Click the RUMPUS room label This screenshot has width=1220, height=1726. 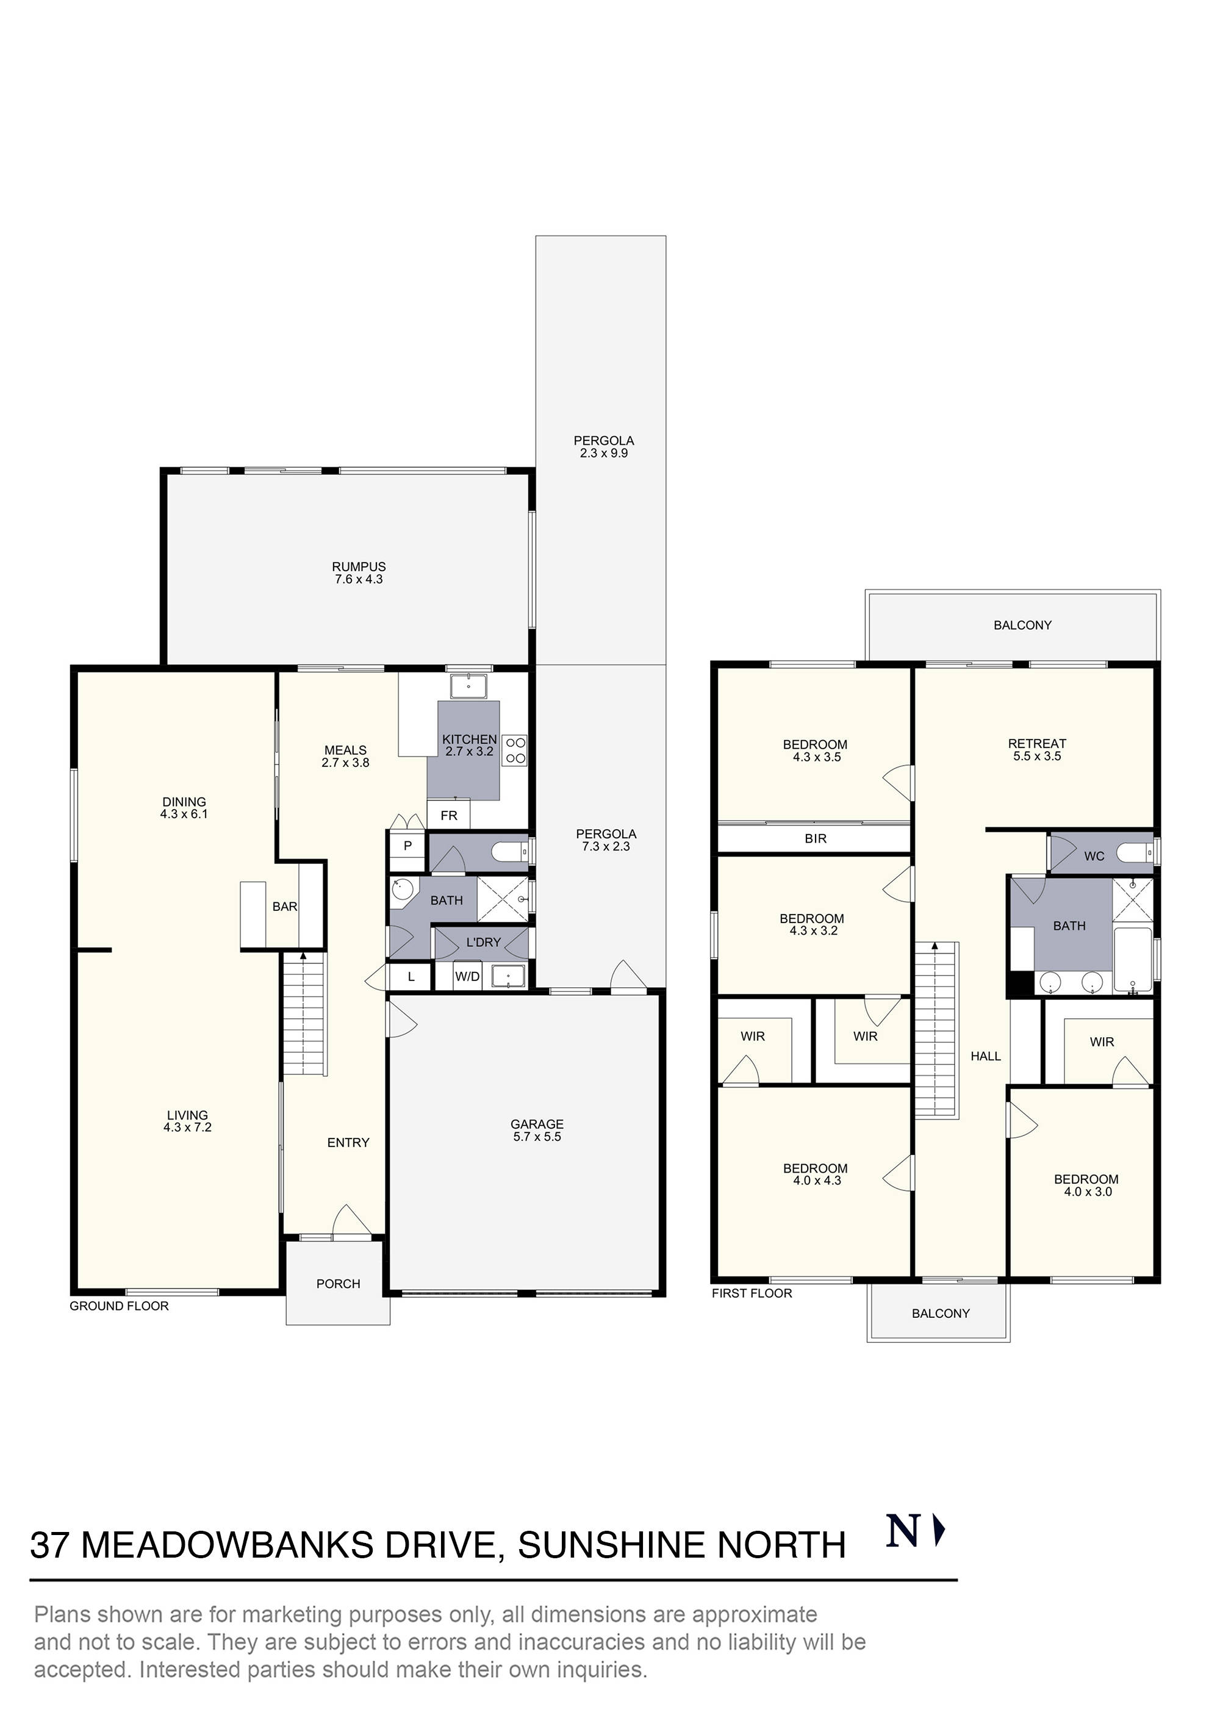[359, 567]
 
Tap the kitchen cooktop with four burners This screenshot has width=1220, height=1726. [515, 749]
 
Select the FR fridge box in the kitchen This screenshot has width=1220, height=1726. [449, 816]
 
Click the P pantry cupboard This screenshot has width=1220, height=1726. [407, 846]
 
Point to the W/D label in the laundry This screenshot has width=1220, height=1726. [467, 977]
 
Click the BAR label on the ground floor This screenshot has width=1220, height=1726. [285, 907]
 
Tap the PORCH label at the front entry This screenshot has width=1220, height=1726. [339, 1283]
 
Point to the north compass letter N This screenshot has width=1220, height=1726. [903, 1532]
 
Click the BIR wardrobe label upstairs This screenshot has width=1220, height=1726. [816, 838]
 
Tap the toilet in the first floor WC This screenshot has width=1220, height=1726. [1133, 853]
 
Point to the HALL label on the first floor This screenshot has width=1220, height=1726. [986, 1056]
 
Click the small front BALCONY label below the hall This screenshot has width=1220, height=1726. [941, 1314]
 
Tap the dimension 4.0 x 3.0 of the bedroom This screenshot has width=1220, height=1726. [1087, 1192]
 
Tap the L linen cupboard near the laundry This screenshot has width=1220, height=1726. [411, 977]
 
